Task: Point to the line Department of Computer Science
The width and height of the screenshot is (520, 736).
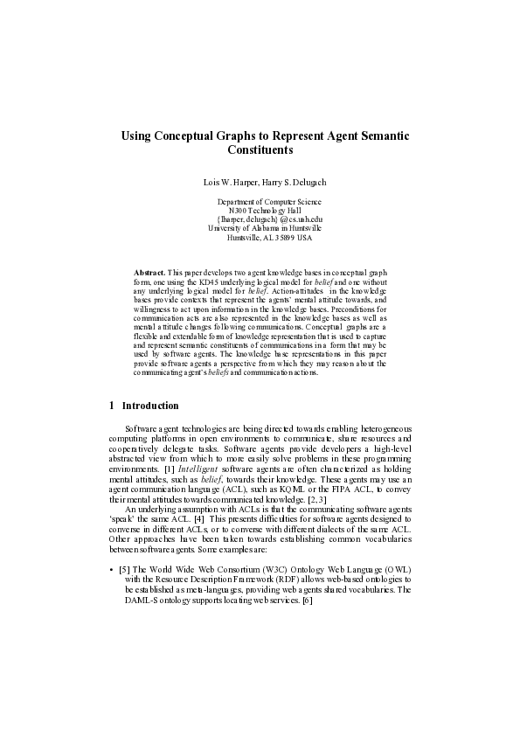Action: coord(263,202)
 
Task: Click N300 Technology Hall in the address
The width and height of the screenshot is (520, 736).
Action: coord(264,211)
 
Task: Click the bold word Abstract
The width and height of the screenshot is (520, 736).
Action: coord(149,274)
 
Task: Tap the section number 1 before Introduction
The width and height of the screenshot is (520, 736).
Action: coord(111,406)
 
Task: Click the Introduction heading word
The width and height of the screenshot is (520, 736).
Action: coord(150,406)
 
